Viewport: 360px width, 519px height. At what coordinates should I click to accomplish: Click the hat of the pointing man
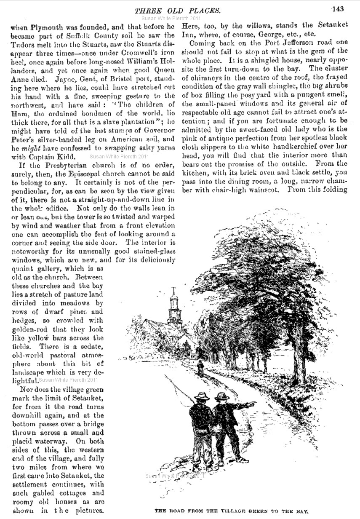click(x=221, y=396)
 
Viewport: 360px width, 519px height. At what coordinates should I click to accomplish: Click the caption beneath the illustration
click(x=232, y=510)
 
